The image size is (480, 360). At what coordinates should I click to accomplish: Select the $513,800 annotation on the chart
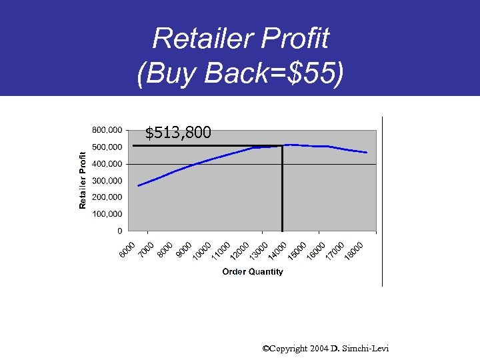[x=179, y=133]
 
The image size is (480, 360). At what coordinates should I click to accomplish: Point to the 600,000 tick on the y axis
[x=107, y=129]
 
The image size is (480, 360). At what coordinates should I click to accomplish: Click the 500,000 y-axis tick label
[x=107, y=147]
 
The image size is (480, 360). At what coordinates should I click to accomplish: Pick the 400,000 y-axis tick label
[x=107, y=163]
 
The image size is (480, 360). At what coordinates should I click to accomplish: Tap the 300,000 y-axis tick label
[x=107, y=181]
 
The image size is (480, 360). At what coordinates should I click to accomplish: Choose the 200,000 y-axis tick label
[x=107, y=197]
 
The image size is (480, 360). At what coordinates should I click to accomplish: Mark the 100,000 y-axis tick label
[x=107, y=214]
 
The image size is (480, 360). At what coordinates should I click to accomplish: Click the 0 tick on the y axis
[x=119, y=231]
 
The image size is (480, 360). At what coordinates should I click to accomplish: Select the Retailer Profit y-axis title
[x=83, y=177]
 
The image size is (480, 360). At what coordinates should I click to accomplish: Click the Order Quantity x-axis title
[x=253, y=271]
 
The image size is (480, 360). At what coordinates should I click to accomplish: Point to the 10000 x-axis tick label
[x=202, y=251]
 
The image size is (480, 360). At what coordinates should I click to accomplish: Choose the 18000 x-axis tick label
[x=354, y=251]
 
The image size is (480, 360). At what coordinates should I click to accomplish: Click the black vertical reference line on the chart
[x=283, y=193]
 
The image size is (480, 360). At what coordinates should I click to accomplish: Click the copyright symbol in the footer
[x=266, y=349]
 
